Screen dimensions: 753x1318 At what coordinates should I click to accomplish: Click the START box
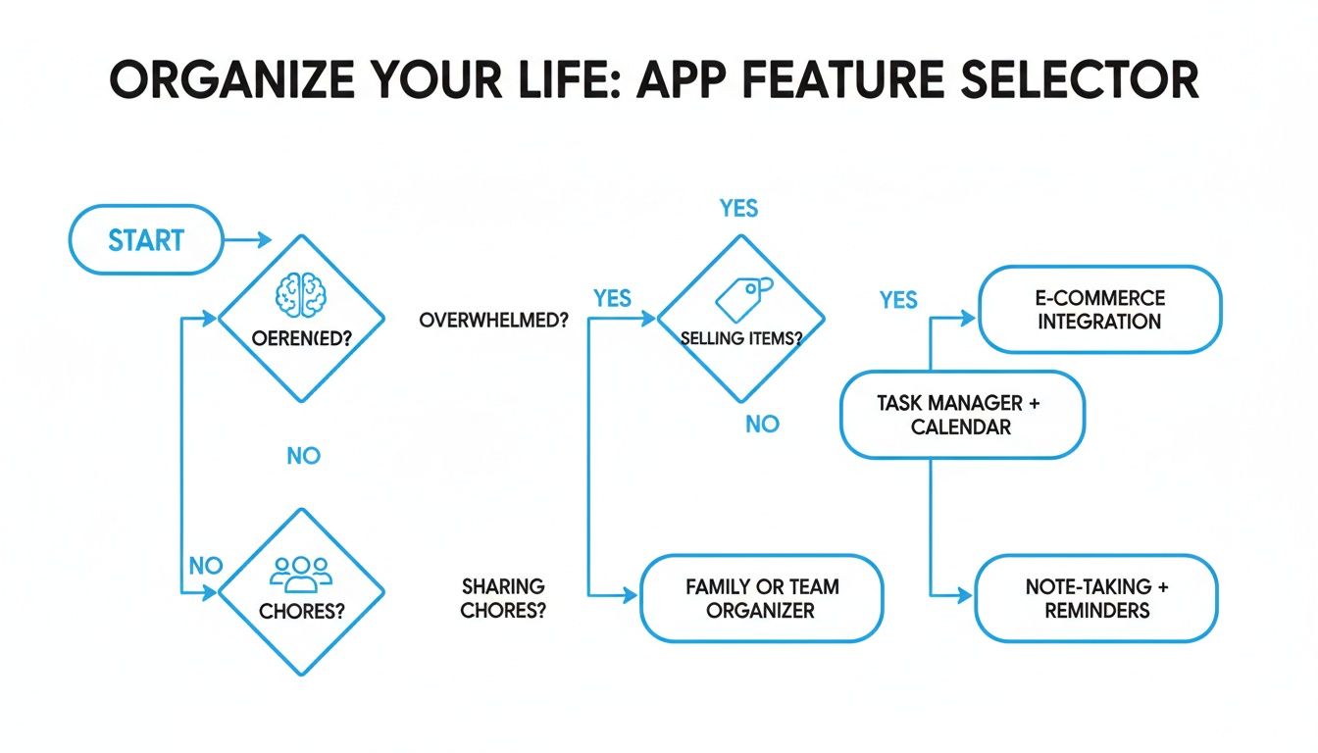(x=146, y=239)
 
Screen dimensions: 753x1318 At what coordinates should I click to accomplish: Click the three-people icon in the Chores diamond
(x=301, y=574)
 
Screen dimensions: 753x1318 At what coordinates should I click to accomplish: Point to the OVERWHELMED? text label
(x=493, y=321)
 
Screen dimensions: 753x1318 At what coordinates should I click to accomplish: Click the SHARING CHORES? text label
(x=503, y=597)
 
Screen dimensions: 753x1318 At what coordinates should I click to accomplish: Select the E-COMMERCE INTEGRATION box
(x=1099, y=309)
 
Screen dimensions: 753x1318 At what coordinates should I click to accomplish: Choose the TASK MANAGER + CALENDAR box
(x=961, y=414)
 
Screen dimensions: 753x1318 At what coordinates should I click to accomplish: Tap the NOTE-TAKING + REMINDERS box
(x=1096, y=597)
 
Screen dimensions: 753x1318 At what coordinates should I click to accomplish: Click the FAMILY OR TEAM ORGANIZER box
(x=761, y=598)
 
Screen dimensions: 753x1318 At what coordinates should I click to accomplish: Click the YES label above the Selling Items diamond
(x=738, y=208)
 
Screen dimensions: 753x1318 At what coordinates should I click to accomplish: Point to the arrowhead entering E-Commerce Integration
(x=968, y=318)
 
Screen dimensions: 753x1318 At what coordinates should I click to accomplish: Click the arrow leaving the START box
(x=249, y=239)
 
